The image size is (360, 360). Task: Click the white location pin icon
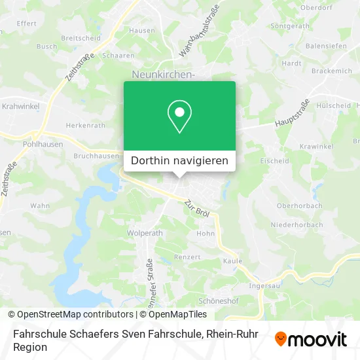tap(179, 116)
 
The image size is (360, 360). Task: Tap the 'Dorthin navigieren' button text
tap(179, 160)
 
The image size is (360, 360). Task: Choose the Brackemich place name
tap(332, 71)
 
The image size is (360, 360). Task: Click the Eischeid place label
tap(274, 160)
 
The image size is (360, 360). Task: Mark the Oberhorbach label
tap(299, 206)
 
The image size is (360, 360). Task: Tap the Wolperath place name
tap(145, 232)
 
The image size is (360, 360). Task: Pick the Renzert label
tap(187, 257)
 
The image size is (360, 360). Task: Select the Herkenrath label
tap(86, 126)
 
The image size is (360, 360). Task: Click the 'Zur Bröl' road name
tap(196, 209)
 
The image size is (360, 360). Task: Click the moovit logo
tap(311, 339)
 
